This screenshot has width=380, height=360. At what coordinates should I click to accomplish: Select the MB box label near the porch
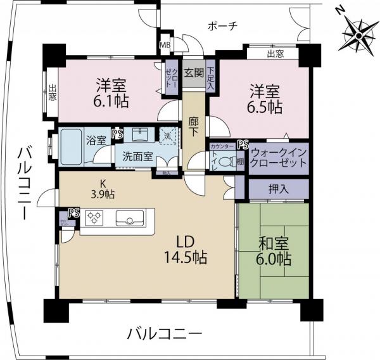[x=165, y=45]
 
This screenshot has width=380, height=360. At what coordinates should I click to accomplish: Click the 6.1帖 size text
[x=108, y=101]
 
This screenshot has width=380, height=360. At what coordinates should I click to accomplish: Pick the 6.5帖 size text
[x=264, y=108]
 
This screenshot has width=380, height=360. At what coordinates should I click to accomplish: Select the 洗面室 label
[x=137, y=157]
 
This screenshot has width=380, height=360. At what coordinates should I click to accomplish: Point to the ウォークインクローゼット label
[x=279, y=157]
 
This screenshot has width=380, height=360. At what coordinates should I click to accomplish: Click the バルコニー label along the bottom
[x=163, y=333]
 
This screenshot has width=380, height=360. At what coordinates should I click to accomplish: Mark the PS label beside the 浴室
[x=117, y=134]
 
